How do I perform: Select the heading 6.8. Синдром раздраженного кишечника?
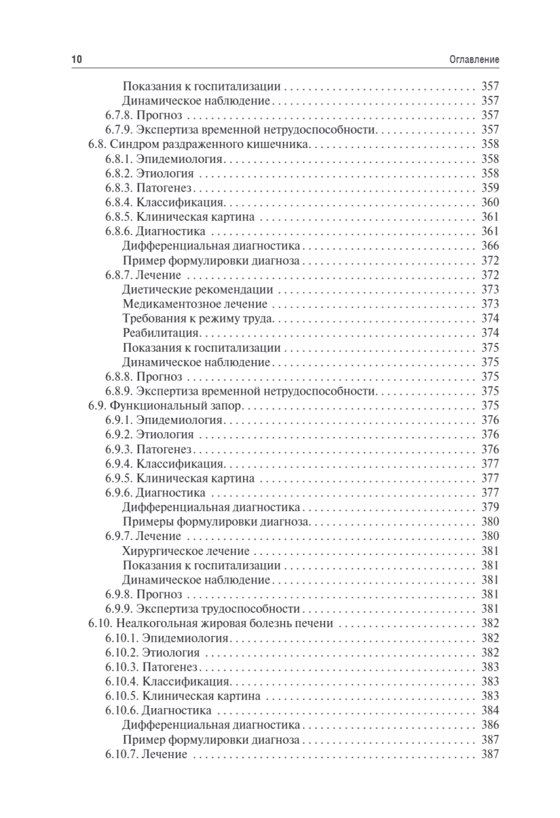(x=200, y=144)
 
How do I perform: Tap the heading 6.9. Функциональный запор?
(x=166, y=406)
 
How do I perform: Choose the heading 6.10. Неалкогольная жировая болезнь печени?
(x=211, y=623)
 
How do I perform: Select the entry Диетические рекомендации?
(x=193, y=290)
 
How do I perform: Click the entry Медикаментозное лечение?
(x=195, y=304)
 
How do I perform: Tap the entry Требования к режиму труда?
(x=198, y=318)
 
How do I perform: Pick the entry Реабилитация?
(x=160, y=333)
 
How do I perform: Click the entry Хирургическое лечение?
(x=185, y=551)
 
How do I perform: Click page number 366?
(x=491, y=246)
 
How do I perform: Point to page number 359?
(x=491, y=187)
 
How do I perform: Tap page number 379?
(x=491, y=507)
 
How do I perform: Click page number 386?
(x=491, y=725)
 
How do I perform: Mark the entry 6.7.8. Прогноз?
(x=142, y=115)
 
